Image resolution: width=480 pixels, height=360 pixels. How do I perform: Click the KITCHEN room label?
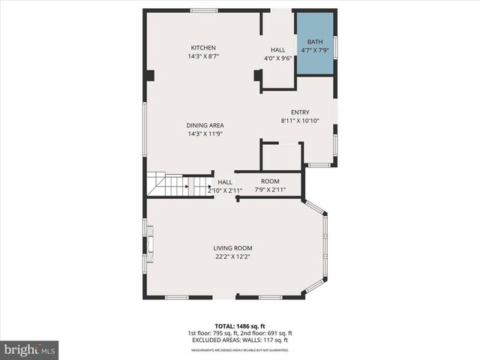coord(203,46)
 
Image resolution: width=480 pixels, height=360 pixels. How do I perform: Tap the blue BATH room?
coord(315,43)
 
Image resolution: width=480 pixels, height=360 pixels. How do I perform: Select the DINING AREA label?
coord(205,125)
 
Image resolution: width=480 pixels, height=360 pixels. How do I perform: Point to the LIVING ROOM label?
coord(232,248)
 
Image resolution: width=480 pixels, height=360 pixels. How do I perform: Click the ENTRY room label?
coord(300,112)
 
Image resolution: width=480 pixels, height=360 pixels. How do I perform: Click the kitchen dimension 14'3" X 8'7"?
coord(203,56)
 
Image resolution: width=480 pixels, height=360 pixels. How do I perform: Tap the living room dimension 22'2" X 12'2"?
coord(232,257)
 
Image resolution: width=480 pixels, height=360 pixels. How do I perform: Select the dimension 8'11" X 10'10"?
coord(300,121)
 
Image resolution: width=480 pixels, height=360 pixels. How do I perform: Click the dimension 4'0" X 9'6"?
coord(278,58)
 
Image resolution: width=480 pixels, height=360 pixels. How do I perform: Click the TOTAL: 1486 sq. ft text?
coord(240,326)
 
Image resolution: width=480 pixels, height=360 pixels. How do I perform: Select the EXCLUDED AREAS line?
coord(240,341)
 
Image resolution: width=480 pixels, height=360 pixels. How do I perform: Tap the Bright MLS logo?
coord(30,349)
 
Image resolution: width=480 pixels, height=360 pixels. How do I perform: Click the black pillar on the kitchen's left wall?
coord(150,75)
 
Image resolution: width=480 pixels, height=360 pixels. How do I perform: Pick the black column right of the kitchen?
coord(258,75)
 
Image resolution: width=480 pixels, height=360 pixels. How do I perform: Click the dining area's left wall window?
coord(145,129)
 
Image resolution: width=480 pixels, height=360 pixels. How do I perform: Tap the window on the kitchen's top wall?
coord(204,10)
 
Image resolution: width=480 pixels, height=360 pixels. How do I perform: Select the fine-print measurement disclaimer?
coord(240,350)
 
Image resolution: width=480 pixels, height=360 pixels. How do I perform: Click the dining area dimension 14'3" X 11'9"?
coord(205,134)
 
